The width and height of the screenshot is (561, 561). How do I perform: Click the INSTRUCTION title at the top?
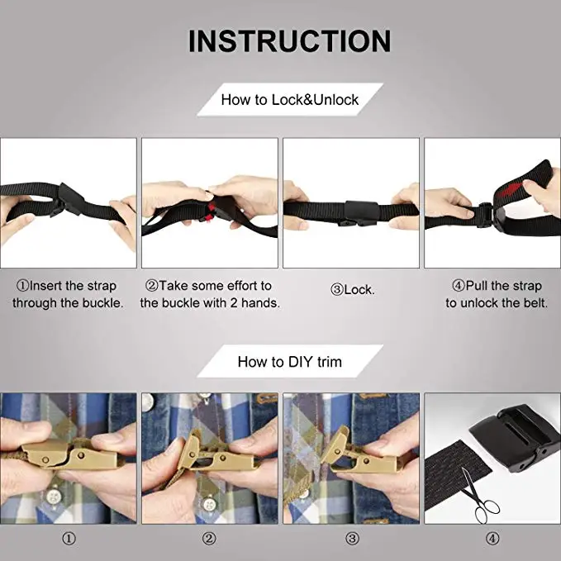pyautogui.click(x=289, y=41)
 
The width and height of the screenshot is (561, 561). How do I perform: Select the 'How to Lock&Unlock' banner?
pyautogui.click(x=290, y=99)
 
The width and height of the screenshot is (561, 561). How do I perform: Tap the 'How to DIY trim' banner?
pyautogui.click(x=290, y=361)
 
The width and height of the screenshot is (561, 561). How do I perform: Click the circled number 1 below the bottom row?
pyautogui.click(x=69, y=539)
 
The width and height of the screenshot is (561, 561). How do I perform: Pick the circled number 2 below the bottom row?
pyautogui.click(x=209, y=539)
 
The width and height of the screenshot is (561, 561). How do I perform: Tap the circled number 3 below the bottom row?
pyautogui.click(x=352, y=539)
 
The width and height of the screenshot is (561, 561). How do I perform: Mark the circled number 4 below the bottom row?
pyautogui.click(x=492, y=539)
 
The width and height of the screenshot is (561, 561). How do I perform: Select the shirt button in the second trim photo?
pyautogui.click(x=208, y=505)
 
